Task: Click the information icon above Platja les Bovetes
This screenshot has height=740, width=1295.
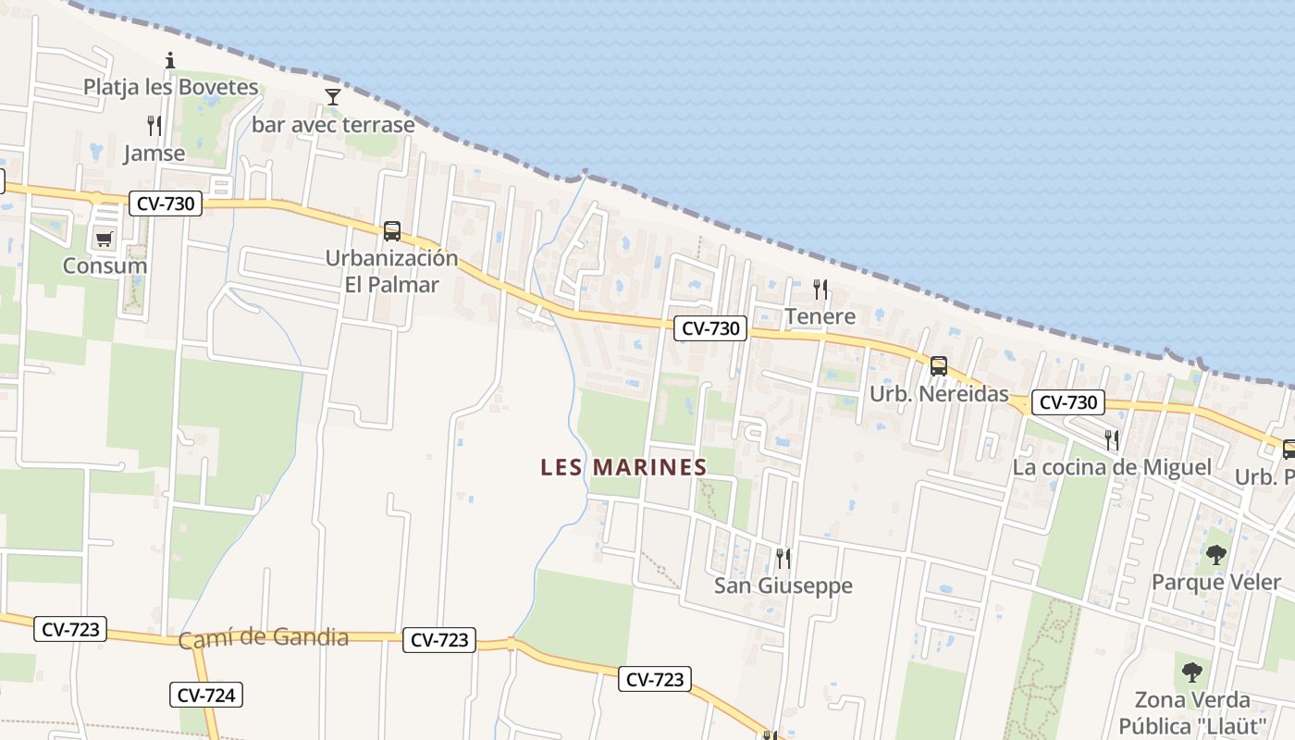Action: [x=170, y=61]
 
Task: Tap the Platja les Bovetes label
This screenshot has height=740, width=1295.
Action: [x=171, y=87]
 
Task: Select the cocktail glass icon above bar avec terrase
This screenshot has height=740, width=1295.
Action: [x=333, y=96]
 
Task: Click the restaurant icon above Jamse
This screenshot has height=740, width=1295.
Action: [x=154, y=126]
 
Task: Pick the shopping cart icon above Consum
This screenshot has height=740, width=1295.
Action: [x=105, y=240]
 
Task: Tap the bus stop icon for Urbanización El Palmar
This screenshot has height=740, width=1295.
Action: [x=392, y=231]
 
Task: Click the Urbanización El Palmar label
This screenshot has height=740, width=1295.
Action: [x=391, y=271]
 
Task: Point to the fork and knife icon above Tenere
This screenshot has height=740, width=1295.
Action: [x=820, y=290]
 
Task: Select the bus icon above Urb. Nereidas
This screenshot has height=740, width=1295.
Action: [x=939, y=366]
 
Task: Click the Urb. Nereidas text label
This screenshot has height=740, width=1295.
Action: [x=939, y=394]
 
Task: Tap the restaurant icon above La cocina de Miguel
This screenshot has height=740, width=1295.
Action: [x=1112, y=439]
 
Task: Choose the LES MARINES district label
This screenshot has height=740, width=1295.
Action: [x=624, y=467]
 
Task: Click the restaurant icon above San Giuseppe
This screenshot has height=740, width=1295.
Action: [x=783, y=558]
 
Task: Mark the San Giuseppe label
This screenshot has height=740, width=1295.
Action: [x=783, y=586]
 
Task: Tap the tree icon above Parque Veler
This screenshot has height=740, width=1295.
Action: [x=1215, y=555]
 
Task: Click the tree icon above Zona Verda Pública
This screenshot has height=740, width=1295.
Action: [x=1192, y=672]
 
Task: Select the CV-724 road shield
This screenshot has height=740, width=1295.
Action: [x=206, y=695]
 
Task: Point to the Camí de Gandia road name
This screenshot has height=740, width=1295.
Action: [x=264, y=638]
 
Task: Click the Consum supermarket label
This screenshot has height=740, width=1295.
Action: [x=105, y=265]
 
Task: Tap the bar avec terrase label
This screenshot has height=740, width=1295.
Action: [x=333, y=124]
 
